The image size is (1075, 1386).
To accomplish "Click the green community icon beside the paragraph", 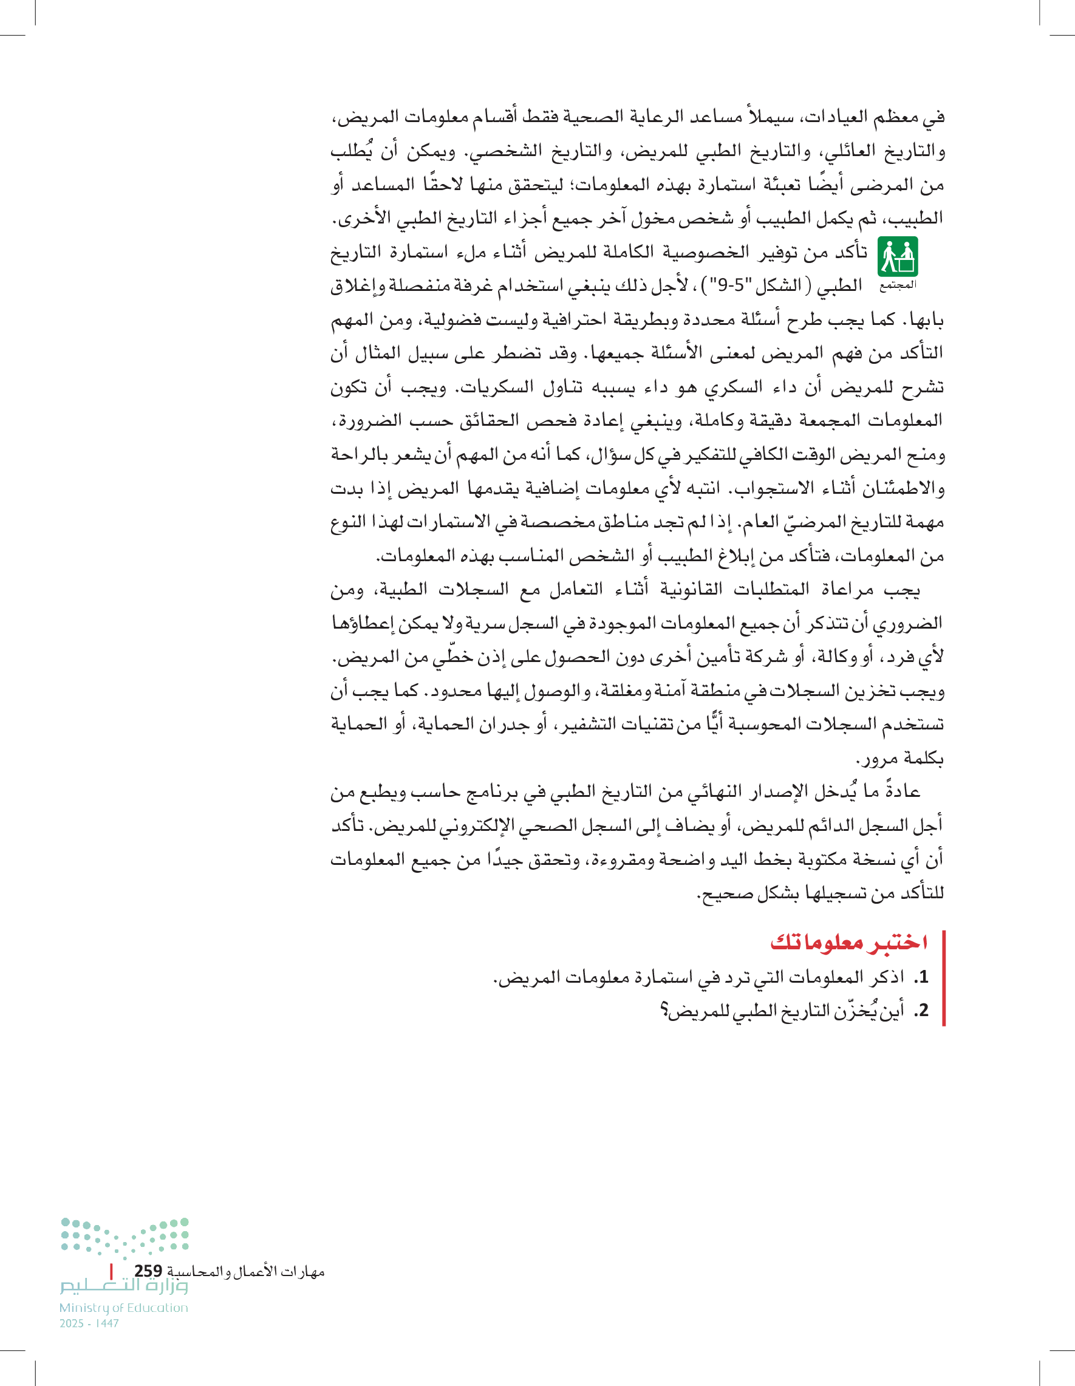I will tap(897, 256).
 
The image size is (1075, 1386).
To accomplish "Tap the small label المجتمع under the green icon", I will tap(897, 285).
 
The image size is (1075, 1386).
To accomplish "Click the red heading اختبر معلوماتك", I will tap(849, 942).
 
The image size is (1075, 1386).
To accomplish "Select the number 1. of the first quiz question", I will tap(921, 977).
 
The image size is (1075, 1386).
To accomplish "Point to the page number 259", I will tap(148, 1271).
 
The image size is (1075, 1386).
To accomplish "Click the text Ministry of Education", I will tap(124, 1307).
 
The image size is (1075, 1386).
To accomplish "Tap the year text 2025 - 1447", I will tap(89, 1323).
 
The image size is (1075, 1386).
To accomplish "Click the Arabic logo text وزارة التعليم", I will tap(124, 1287).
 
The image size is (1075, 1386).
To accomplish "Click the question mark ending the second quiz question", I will tap(665, 1010).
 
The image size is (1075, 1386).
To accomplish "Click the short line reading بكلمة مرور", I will tap(899, 759).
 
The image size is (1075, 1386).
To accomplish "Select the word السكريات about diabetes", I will tap(493, 386).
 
